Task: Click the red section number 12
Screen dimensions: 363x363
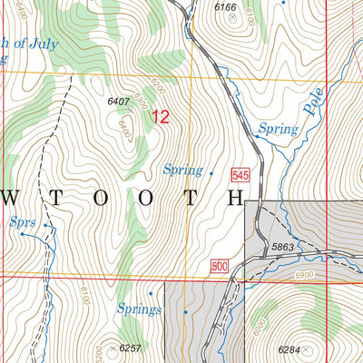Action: (x=160, y=116)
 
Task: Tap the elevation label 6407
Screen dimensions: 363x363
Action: (x=119, y=102)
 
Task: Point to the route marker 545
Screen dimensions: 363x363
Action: (x=240, y=174)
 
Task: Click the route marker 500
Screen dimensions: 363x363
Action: (x=218, y=265)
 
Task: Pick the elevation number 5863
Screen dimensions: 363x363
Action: (x=282, y=246)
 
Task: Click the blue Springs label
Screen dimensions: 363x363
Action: (x=140, y=309)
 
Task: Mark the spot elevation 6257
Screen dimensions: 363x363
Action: (x=132, y=348)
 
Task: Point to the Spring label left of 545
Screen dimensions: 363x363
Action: (x=183, y=169)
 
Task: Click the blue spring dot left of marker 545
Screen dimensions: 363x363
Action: (x=211, y=172)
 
